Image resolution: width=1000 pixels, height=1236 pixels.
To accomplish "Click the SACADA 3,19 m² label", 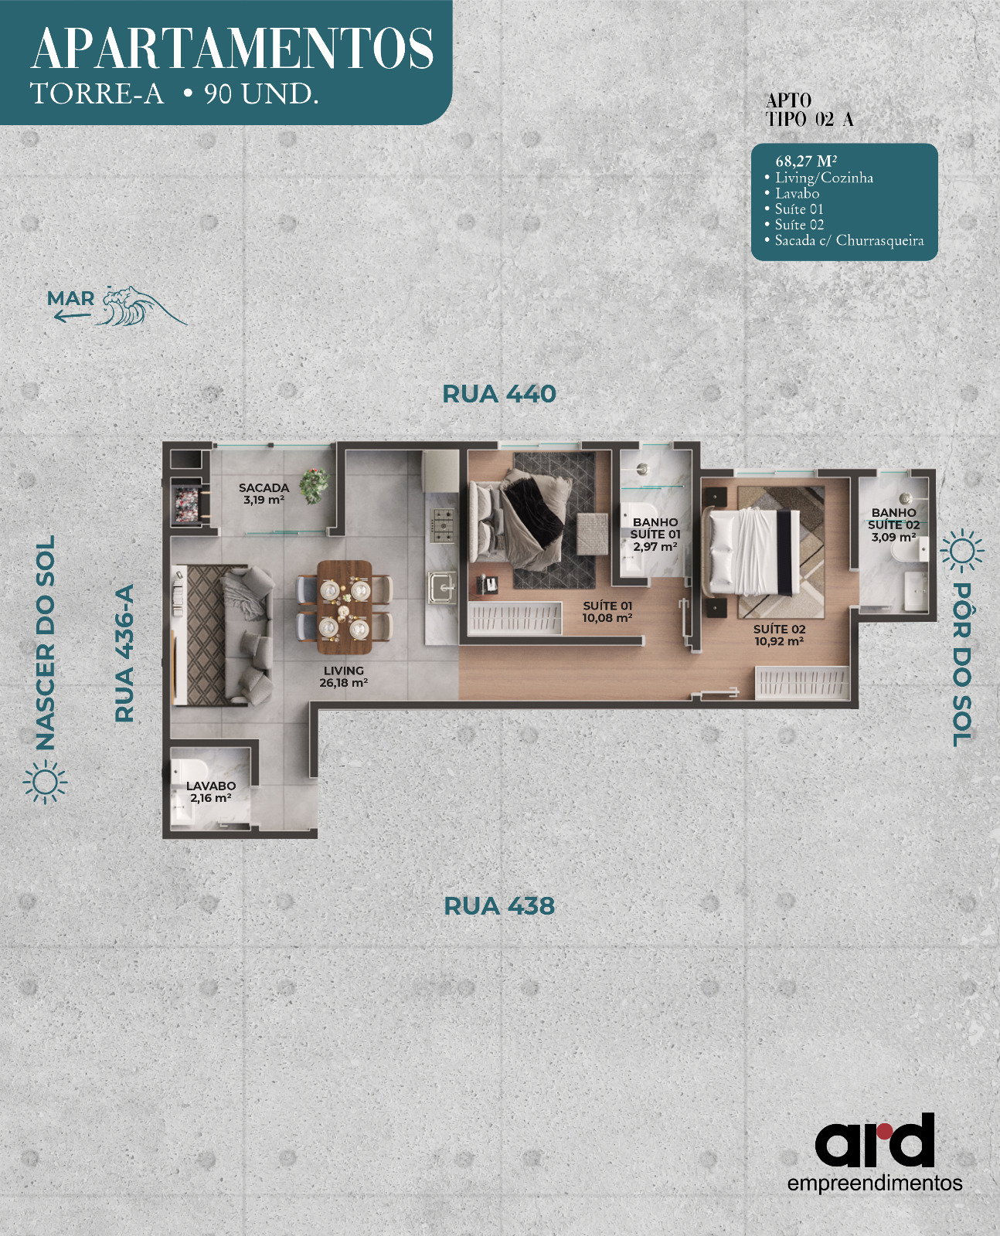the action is (264, 493).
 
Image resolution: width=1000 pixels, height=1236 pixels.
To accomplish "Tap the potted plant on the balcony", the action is (314, 486).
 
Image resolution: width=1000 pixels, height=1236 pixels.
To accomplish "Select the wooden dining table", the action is (344, 607).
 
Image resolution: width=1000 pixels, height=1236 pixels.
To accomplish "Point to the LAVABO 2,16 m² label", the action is (211, 792).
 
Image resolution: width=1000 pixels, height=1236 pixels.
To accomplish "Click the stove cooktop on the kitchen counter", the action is (442, 526).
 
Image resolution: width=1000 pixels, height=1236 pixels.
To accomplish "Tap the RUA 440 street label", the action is (499, 394).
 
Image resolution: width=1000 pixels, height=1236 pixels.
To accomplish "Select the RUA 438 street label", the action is (499, 906).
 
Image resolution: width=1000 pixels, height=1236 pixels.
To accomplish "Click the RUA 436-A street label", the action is (124, 654).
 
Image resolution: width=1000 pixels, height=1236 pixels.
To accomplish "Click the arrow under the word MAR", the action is (72, 316).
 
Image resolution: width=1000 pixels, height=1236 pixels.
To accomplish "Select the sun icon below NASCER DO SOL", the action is (46, 783).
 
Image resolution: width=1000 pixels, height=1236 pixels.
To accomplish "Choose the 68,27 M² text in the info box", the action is (806, 161).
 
